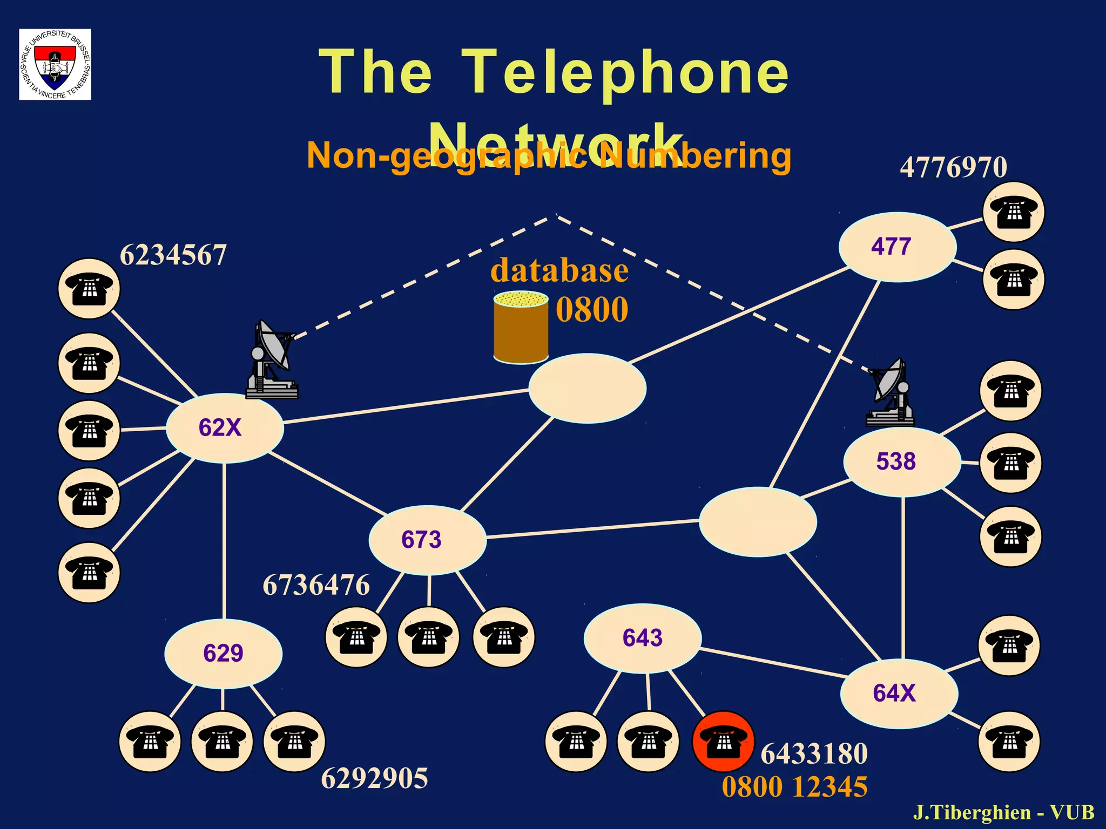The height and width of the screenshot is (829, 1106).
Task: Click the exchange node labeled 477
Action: click(x=897, y=247)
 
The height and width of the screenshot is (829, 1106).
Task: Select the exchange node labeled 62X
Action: click(x=224, y=427)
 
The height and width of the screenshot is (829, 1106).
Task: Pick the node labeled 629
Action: click(x=223, y=653)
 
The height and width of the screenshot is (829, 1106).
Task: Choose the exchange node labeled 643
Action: click(x=642, y=638)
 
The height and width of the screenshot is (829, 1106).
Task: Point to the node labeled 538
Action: click(x=902, y=461)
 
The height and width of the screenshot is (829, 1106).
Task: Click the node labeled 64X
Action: click(x=899, y=693)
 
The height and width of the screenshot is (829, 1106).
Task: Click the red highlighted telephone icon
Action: click(x=723, y=741)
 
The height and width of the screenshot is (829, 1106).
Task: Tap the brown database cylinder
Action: click(x=521, y=328)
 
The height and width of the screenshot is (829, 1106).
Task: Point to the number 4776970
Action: click(x=953, y=167)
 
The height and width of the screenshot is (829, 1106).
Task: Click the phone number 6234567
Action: click(x=173, y=255)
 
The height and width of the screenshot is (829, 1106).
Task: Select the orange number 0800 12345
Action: click(x=794, y=786)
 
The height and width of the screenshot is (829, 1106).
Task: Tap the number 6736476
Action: click(x=316, y=585)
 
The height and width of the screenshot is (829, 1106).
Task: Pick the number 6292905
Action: click(x=374, y=778)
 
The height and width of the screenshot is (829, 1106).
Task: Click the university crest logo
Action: click(x=55, y=64)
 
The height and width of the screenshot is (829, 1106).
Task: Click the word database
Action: click(x=559, y=270)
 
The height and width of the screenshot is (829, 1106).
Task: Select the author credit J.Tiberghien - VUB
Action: click(x=1003, y=812)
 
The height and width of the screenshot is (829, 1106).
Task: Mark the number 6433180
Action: click(x=814, y=753)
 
